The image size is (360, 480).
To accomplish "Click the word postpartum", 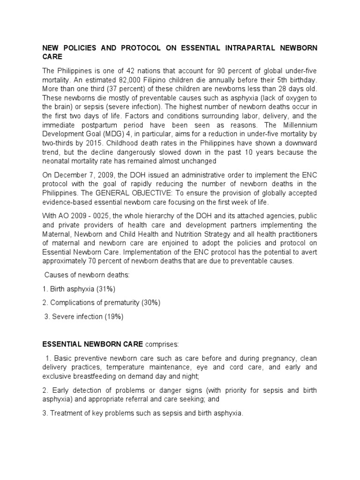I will tap(103, 125).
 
